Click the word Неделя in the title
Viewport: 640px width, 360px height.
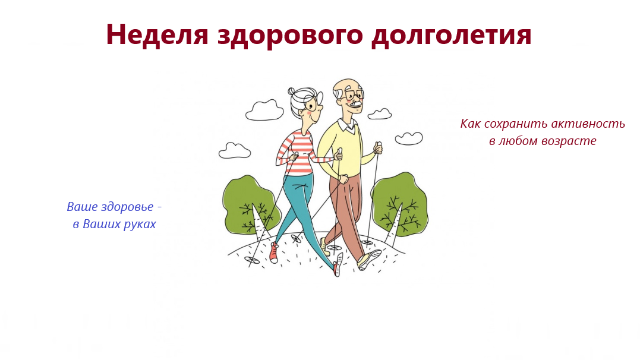pos(157,34)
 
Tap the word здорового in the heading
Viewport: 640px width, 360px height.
pos(290,36)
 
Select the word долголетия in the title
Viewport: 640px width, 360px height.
pos(452,36)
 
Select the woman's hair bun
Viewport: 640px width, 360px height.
pos(291,91)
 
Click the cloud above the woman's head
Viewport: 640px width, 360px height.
pos(264,110)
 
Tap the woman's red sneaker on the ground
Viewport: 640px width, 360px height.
pos(273,252)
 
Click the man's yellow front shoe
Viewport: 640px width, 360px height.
pos(369,260)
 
